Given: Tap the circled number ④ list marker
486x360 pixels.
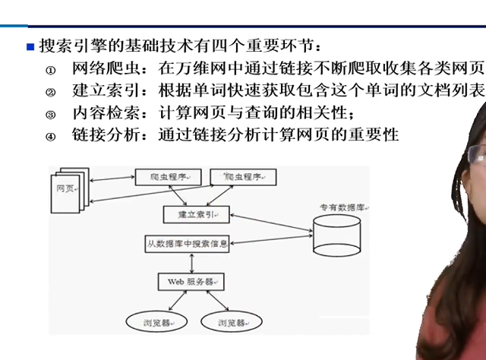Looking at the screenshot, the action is pyautogui.click(x=51, y=137).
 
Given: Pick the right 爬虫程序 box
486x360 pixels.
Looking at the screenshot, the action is pyautogui.click(x=242, y=177).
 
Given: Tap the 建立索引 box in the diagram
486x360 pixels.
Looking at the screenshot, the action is pyautogui.click(x=196, y=215).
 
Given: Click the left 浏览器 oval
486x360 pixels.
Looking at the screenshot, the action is pyautogui.click(x=153, y=322).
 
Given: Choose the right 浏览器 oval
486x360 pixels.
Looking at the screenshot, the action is pyautogui.click(x=231, y=322).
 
